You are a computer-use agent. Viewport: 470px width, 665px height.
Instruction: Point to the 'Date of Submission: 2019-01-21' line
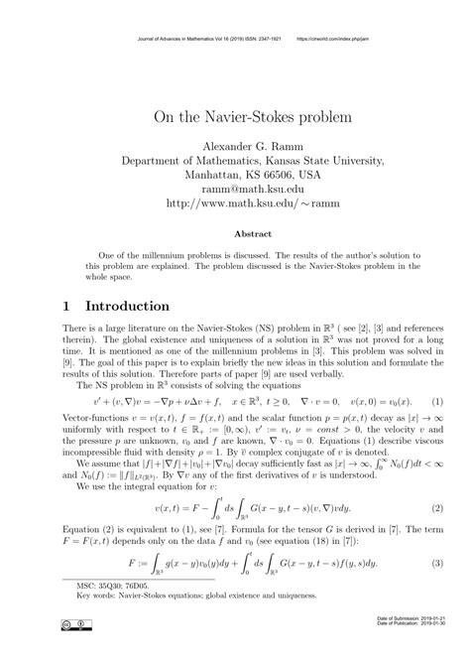(415, 646)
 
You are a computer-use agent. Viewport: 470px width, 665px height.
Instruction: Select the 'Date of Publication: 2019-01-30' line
(415, 652)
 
